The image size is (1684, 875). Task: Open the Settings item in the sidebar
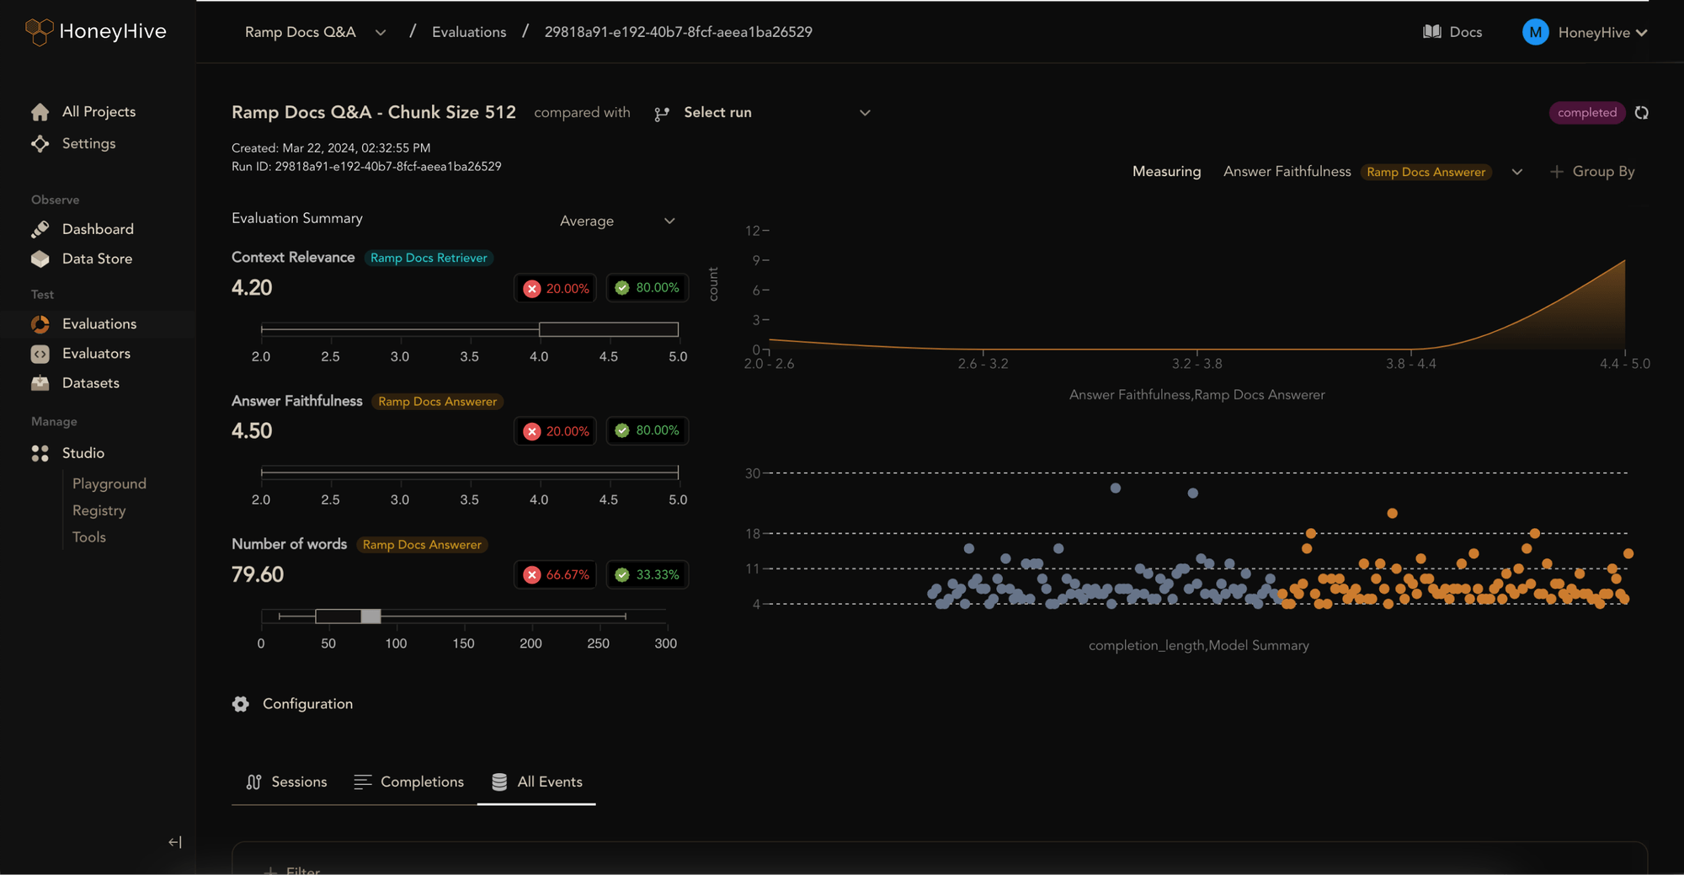pyautogui.click(x=88, y=143)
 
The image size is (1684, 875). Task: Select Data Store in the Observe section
pyautogui.click(x=97, y=259)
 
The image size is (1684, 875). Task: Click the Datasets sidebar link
pyautogui.click(x=90, y=382)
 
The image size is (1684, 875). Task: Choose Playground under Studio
pyautogui.click(x=109, y=483)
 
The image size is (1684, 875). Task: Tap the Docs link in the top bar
pyautogui.click(x=1452, y=32)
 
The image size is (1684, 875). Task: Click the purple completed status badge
pyautogui.click(x=1586, y=113)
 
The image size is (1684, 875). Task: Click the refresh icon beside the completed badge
pyautogui.click(x=1642, y=113)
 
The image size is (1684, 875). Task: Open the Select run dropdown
pyautogui.click(x=762, y=113)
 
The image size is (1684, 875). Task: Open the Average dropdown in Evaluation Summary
pyautogui.click(x=617, y=221)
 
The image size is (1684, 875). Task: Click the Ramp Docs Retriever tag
pyautogui.click(x=429, y=258)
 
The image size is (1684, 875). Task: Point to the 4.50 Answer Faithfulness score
pyautogui.click(x=252, y=431)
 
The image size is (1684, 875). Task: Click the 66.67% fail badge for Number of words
pyautogui.click(x=556, y=574)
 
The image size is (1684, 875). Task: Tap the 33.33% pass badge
pyautogui.click(x=647, y=574)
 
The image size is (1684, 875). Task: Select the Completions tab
pyautogui.click(x=409, y=782)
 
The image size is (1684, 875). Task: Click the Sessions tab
pyautogui.click(x=286, y=782)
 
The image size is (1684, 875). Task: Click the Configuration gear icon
pyautogui.click(x=241, y=704)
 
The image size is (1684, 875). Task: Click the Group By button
pyautogui.click(x=1592, y=172)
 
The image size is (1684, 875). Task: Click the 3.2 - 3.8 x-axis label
pyautogui.click(x=1196, y=364)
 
